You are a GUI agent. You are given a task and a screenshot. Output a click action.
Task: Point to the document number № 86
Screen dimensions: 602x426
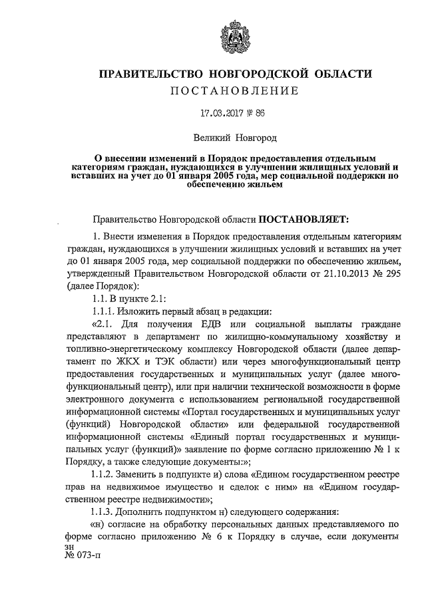tap(256, 113)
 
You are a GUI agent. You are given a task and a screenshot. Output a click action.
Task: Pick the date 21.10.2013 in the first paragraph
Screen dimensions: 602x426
tap(329, 274)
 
